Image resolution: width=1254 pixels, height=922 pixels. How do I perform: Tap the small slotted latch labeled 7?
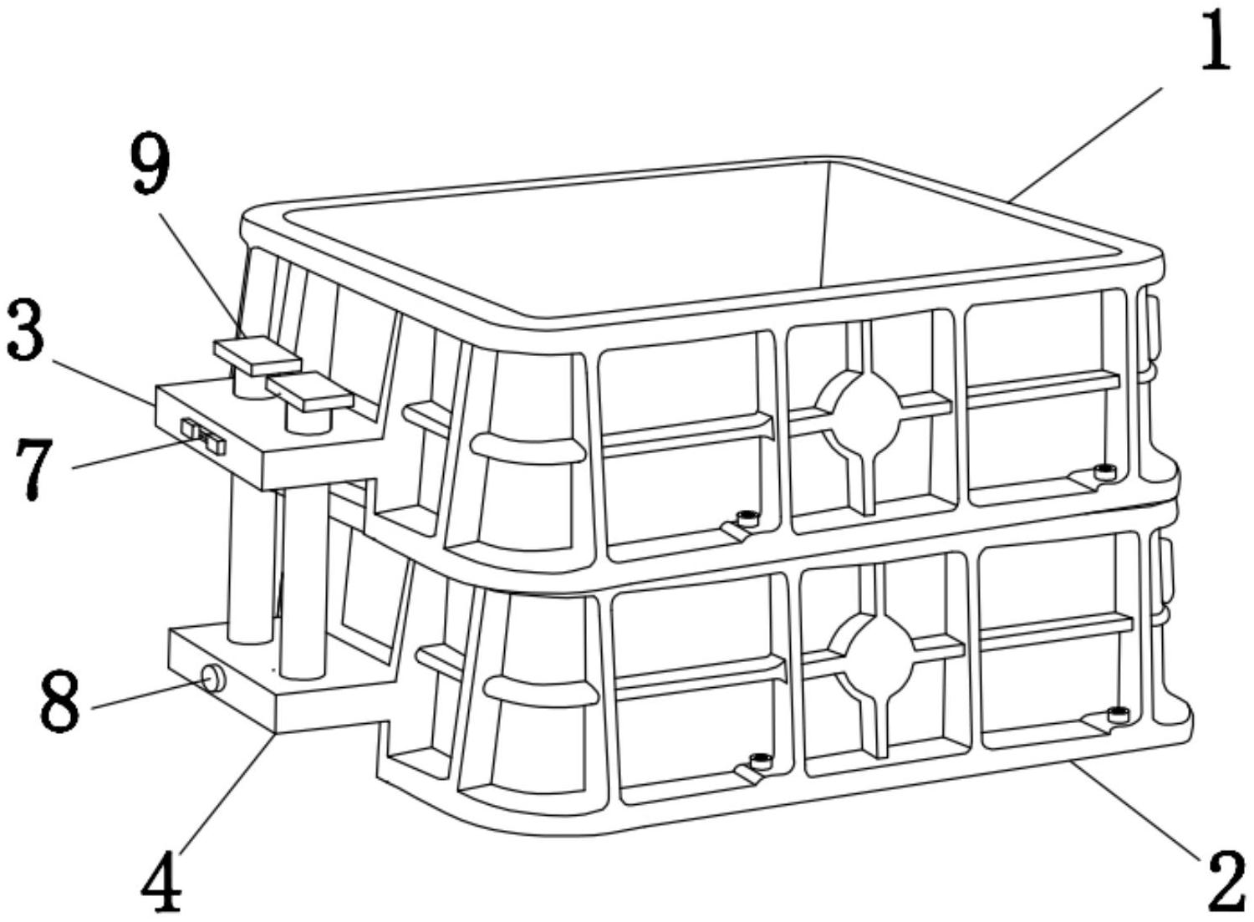[x=202, y=436]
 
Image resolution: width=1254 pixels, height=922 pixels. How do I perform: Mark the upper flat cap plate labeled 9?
[x=257, y=356]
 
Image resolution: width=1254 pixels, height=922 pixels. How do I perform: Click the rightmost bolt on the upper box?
[x=1105, y=472]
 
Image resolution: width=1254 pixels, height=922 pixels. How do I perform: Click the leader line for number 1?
[x=1085, y=144]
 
